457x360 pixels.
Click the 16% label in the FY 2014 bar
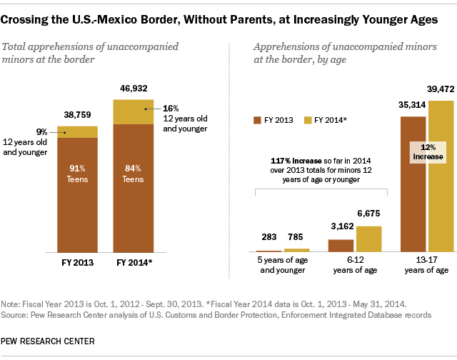click(172, 108)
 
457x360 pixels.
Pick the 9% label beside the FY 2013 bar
click(41, 131)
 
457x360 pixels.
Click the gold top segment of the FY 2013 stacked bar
click(77, 131)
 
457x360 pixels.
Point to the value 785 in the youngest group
click(296, 236)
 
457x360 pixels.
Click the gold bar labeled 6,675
click(368, 239)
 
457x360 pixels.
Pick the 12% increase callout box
click(427, 151)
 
